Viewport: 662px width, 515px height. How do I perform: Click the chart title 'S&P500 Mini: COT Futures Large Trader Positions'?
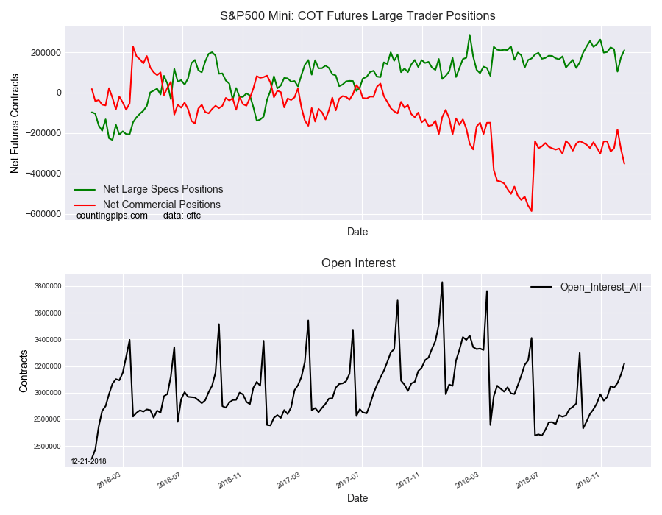[357, 16]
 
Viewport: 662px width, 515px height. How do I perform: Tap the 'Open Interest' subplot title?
[358, 263]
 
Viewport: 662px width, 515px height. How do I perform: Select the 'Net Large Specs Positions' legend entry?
[149, 189]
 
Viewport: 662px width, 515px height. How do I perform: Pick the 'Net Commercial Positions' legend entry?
[147, 205]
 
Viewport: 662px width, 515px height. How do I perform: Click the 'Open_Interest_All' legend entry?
[586, 287]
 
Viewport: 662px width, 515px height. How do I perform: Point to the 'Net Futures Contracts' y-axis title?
[15, 124]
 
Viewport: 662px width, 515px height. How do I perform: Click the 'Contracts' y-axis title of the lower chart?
[24, 371]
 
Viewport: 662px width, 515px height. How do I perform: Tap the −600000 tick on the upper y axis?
[44, 214]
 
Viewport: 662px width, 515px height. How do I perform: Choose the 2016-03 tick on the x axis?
[109, 481]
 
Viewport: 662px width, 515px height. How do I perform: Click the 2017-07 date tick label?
[348, 481]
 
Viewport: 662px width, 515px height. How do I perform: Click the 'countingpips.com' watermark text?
[112, 216]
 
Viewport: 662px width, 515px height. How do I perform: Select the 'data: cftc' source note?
[182, 216]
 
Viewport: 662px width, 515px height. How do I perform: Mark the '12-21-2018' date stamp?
[89, 461]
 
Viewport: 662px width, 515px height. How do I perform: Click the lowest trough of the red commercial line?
[532, 211]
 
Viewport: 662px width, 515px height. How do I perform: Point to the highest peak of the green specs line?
[469, 35]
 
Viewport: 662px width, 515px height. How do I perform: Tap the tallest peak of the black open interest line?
[442, 282]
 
